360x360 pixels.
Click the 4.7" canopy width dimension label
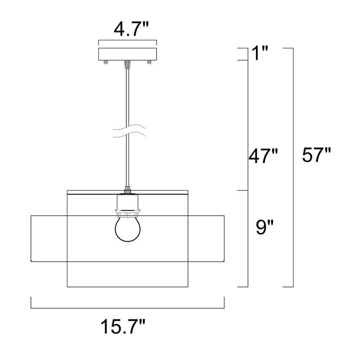131,30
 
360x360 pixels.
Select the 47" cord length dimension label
264,156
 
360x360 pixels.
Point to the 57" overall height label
316,155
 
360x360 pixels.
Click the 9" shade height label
265,227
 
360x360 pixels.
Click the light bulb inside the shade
128,229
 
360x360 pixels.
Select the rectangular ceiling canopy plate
127,54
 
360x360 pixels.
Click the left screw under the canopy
106,62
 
